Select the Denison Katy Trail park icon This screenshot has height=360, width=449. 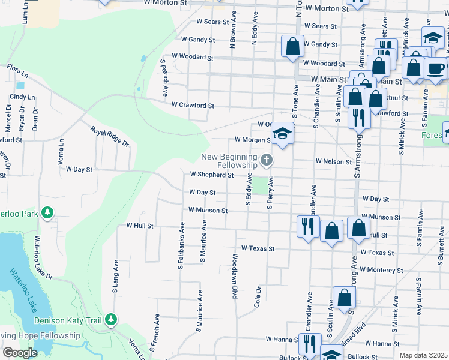pos(110,320)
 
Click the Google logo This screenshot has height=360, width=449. pos(19,353)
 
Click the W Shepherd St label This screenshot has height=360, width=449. pos(211,175)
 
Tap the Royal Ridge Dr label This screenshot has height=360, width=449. pos(110,136)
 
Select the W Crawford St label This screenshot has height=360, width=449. pos(193,105)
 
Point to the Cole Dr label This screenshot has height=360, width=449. pos(258,296)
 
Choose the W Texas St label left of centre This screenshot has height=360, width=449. pos(258,248)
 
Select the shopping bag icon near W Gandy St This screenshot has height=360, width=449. pos(292,46)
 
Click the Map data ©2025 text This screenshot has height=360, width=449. pos(423,355)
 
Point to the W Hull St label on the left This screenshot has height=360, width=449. pos(140,226)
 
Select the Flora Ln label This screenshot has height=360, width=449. pos(17,72)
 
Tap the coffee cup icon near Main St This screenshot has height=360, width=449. pos(436,68)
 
